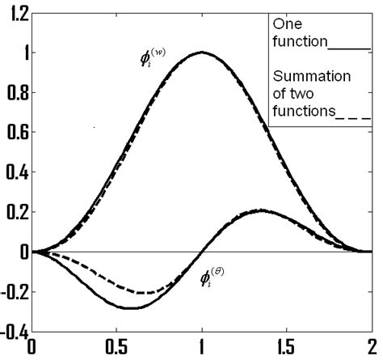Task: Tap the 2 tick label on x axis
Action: pyautogui.click(x=371, y=349)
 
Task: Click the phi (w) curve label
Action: pyautogui.click(x=152, y=58)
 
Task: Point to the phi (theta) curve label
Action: pyautogui.click(x=212, y=280)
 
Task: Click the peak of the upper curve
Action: pyautogui.click(x=201, y=53)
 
